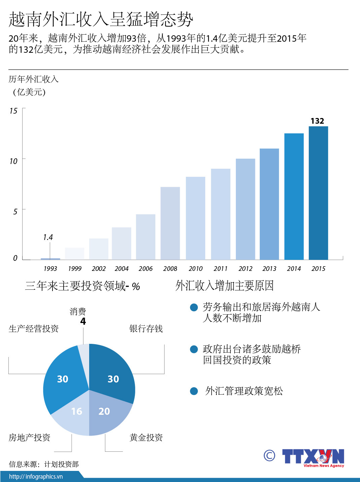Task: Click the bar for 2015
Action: point(318,193)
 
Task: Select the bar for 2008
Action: point(170,223)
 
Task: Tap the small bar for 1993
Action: point(50,259)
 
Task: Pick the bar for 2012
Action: point(245,209)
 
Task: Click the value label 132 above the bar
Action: point(317,121)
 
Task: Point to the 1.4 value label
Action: point(48,237)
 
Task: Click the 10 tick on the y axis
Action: point(13,161)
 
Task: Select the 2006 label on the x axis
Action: point(145,269)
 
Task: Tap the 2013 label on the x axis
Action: point(269,269)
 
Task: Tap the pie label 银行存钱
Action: point(146,328)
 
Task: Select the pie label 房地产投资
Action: point(29,437)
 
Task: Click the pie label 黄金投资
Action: point(146,437)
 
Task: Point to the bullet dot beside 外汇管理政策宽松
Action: point(194,391)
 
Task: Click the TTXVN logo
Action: point(313,457)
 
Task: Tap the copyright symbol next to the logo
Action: point(269,455)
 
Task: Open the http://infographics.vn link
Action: point(36,476)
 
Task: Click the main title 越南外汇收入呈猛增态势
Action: point(101,19)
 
